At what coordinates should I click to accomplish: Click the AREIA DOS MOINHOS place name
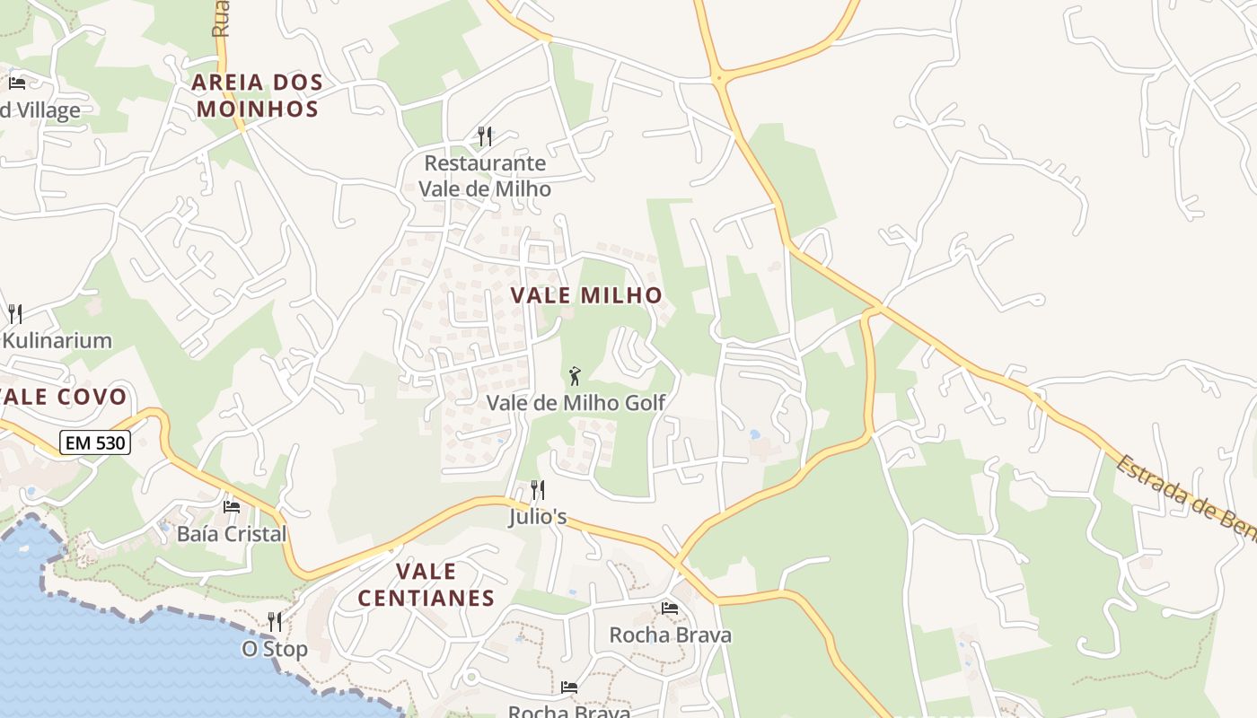[x=258, y=96]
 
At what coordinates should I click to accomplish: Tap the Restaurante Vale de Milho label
[x=485, y=176]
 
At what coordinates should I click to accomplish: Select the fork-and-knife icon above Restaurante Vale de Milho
[x=485, y=136]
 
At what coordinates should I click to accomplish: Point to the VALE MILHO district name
[x=586, y=295]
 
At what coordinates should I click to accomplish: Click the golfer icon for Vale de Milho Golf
[x=575, y=376]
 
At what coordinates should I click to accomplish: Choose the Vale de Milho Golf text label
[x=576, y=403]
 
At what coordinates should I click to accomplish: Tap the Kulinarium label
[x=57, y=341]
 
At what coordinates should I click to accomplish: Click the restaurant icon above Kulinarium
[x=15, y=314]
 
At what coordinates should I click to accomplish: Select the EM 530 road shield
[x=95, y=442]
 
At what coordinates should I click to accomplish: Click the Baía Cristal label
[x=232, y=534]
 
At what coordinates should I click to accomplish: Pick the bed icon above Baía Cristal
[x=232, y=507]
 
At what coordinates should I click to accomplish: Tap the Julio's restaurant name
[x=538, y=517]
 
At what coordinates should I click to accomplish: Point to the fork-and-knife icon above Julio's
[x=538, y=490]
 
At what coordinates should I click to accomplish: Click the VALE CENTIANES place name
[x=426, y=585]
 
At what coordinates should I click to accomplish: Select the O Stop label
[x=275, y=649]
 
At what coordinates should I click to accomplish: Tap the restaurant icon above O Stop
[x=275, y=622]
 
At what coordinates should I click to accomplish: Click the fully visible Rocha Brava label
[x=670, y=635]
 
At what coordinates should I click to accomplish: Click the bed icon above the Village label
[x=17, y=83]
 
